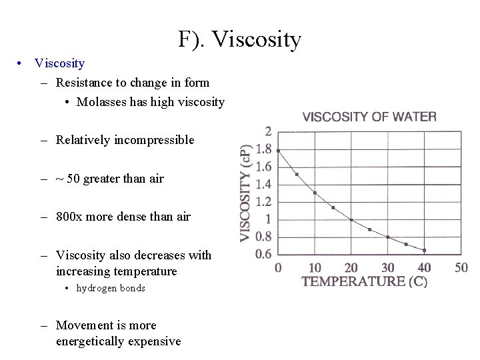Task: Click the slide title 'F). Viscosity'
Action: point(240,40)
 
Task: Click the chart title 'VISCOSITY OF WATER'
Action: point(369,117)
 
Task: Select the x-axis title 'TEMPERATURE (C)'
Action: point(365,282)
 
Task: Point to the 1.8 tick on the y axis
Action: point(263,149)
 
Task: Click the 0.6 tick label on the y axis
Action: point(263,253)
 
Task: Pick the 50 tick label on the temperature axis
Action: point(461,267)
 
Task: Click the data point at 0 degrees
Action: point(278,151)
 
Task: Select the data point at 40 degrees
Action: point(424,251)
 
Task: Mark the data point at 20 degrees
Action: point(351,219)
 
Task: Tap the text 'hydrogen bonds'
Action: point(111,288)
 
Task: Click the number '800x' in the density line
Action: point(70,216)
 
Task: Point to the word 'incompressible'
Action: point(154,140)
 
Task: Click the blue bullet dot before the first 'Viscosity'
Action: point(22,63)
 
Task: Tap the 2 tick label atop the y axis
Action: point(267,131)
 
